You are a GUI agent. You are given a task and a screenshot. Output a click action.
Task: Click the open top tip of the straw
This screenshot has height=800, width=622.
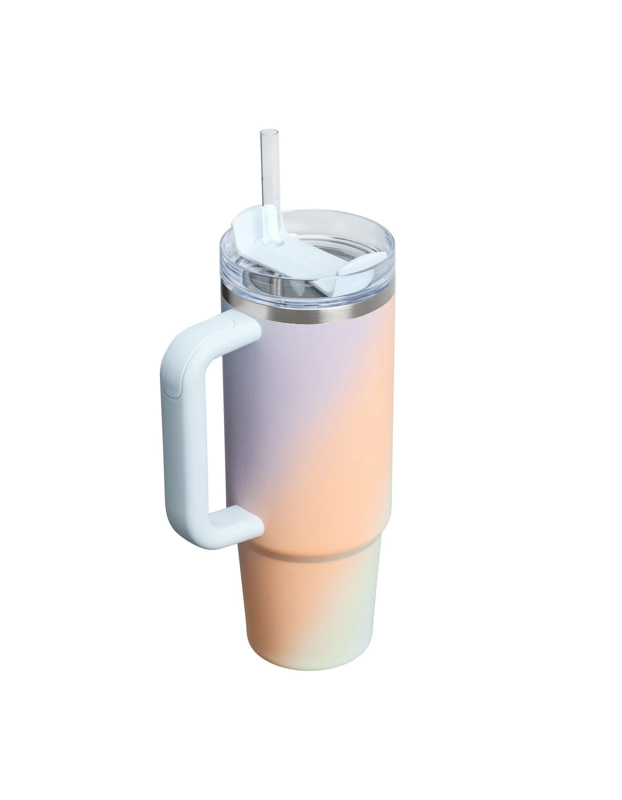click(x=269, y=132)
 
